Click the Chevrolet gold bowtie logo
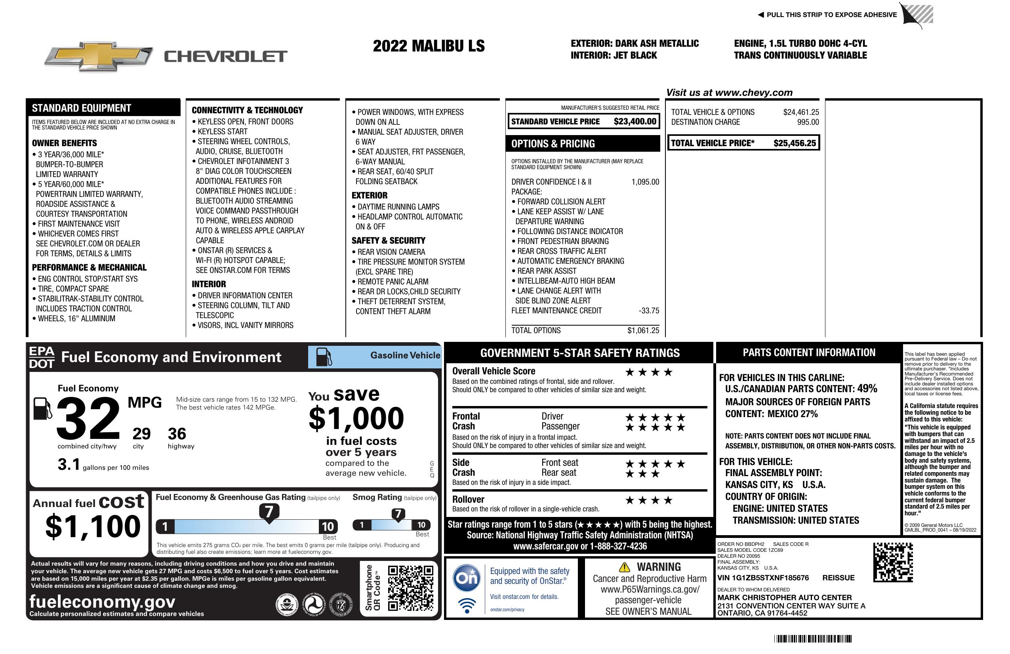98,56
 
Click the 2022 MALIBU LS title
429,46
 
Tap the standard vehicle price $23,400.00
635,122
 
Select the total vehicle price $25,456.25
794,143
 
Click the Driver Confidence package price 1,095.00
645,182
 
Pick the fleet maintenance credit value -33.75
649,311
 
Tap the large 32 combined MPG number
88,418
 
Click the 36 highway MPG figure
177,434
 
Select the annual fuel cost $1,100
93,526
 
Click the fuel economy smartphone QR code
410,588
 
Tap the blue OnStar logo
467,578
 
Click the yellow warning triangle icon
624,567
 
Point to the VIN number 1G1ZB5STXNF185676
762,578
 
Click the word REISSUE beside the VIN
838,578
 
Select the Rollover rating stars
648,501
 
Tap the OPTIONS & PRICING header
553,144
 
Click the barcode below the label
812,639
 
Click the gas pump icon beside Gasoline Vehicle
324,357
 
